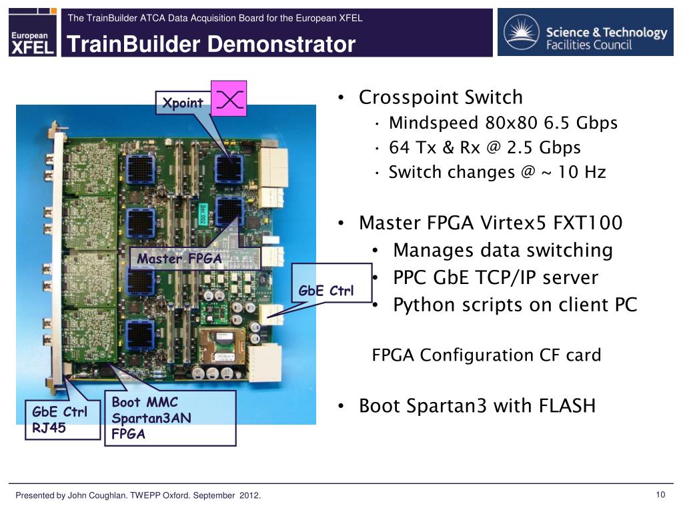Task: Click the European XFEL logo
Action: [x=33, y=32]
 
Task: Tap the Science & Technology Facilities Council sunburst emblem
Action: [x=522, y=32]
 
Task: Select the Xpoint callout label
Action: [x=183, y=103]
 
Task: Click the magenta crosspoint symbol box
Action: [x=229, y=99]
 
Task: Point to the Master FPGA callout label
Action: [x=195, y=259]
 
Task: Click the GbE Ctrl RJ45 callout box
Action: [x=63, y=420]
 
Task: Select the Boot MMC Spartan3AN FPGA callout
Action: [x=170, y=418]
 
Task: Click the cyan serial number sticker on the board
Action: [x=203, y=214]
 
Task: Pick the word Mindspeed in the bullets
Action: [x=434, y=123]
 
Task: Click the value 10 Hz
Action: [x=582, y=172]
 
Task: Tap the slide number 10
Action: [x=660, y=495]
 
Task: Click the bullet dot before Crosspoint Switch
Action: [x=341, y=98]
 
